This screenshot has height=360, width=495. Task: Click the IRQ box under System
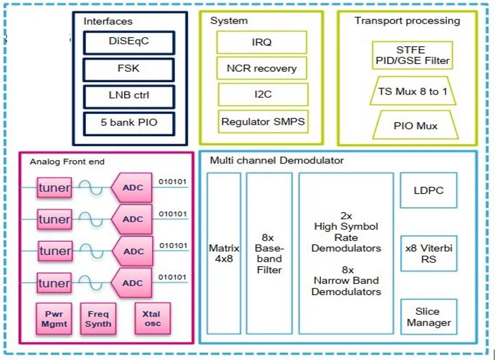(x=261, y=42)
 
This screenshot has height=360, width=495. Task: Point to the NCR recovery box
(x=261, y=68)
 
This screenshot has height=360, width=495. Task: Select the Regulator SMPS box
(x=262, y=121)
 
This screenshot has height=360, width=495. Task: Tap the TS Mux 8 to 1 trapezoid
(x=413, y=92)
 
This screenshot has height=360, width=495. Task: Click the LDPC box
(x=429, y=190)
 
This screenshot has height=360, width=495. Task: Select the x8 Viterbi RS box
(x=429, y=253)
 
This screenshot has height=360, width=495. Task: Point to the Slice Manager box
(x=429, y=317)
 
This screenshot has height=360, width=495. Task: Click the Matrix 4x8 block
(x=224, y=253)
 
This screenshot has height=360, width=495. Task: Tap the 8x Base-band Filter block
(x=268, y=253)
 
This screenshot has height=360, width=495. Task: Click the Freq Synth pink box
(x=98, y=319)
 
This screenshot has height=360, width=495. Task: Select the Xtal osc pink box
(x=152, y=319)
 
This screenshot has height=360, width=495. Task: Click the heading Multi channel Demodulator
(x=277, y=161)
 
